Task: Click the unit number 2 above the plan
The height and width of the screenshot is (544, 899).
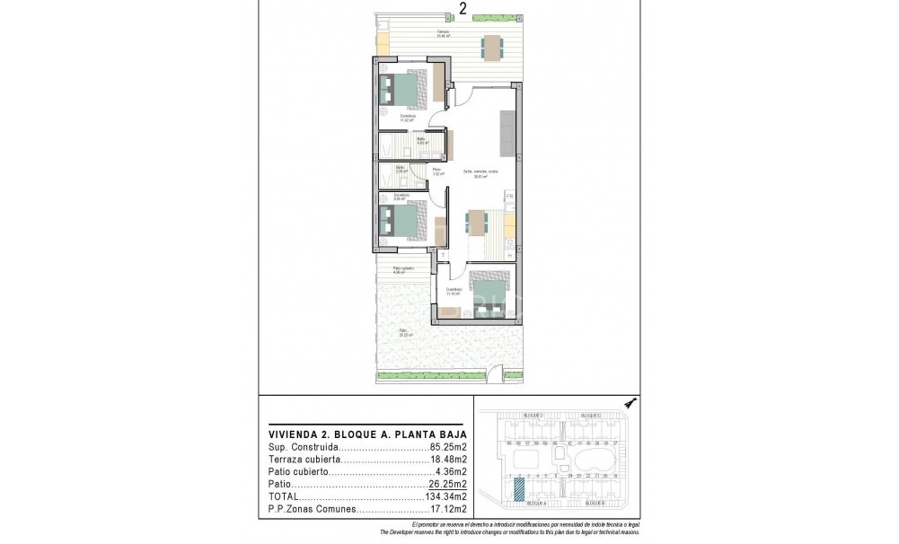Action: [463, 8]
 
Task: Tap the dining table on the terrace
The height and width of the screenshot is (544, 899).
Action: [491, 47]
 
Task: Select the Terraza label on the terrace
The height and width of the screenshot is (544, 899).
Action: [442, 32]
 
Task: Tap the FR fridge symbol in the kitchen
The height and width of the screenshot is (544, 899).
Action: [509, 196]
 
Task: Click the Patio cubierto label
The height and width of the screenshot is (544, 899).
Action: [402, 268]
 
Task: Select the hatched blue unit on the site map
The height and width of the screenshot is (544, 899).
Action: [518, 490]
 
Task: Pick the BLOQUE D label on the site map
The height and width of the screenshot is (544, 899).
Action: [532, 416]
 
